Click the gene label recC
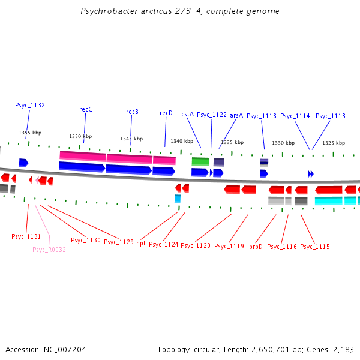tap(86, 109)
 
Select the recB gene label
tap(132, 112)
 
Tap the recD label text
tap(166, 113)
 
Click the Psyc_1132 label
tap(30, 105)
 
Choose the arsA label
tap(236, 115)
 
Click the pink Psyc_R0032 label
tap(49, 250)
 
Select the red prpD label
tap(256, 246)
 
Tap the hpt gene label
tap(141, 243)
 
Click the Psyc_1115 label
tap(315, 247)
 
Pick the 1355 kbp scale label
tap(30, 133)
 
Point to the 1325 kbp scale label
tap(334, 143)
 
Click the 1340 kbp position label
tap(182, 141)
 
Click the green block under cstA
tap(200, 161)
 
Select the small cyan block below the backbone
tap(178, 199)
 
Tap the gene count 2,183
tap(344, 349)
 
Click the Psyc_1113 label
tap(331, 116)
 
